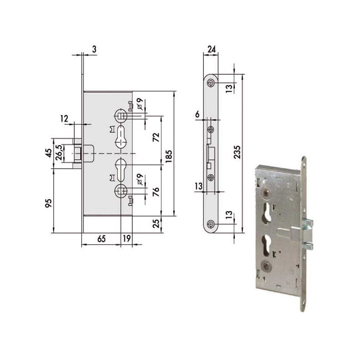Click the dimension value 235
coord(237,152)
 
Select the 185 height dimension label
coord(169,157)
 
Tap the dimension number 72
coord(156,137)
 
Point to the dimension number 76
coord(156,192)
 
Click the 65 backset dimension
coord(102,239)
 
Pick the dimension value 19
coord(126,239)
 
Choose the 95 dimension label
coord(49,203)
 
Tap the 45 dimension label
coord(49,153)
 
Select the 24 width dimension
coord(211,49)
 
